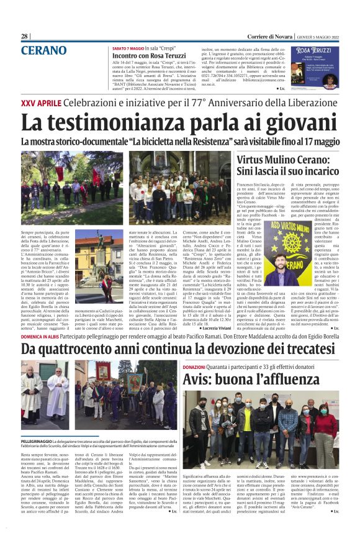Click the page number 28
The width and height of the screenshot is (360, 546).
tap(25, 37)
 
